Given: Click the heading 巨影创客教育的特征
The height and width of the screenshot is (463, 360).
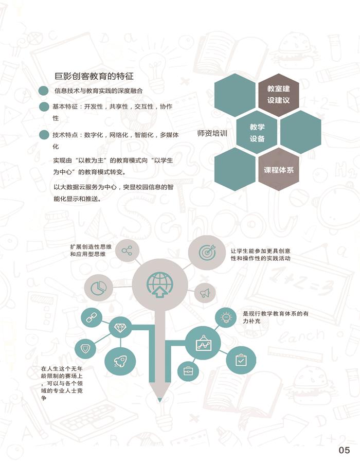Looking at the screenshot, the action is (x=94, y=76).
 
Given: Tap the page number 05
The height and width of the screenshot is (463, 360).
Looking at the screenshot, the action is (x=344, y=450).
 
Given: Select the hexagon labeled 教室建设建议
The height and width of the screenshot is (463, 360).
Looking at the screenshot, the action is (x=279, y=95).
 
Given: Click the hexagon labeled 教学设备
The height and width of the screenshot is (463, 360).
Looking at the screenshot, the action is (x=257, y=132).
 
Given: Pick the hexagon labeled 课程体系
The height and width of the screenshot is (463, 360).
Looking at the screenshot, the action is (x=279, y=169).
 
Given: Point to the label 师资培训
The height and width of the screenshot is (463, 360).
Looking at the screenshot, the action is (x=212, y=133).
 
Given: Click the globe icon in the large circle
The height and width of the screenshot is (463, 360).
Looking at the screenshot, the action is (x=159, y=284).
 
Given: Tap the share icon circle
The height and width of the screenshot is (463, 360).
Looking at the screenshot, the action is (x=127, y=251).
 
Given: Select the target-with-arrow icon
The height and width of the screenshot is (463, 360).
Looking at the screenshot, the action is (x=207, y=252).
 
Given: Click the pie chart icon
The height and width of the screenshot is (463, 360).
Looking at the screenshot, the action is (x=98, y=288).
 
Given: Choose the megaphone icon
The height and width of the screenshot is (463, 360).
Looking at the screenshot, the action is (x=205, y=293).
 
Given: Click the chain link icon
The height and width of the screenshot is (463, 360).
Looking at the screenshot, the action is (x=92, y=317).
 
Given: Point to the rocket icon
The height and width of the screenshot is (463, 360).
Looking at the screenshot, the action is (x=120, y=362).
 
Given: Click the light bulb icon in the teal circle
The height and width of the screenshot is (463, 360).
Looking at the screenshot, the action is (x=226, y=318).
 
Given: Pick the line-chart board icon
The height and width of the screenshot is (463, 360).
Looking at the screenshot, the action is (x=203, y=343).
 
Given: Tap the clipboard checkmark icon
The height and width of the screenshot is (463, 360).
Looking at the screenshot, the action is (x=241, y=360).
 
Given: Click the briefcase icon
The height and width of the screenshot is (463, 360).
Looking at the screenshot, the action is (x=188, y=370).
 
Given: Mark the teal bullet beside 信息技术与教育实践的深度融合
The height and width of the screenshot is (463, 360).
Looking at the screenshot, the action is (x=43, y=91).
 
